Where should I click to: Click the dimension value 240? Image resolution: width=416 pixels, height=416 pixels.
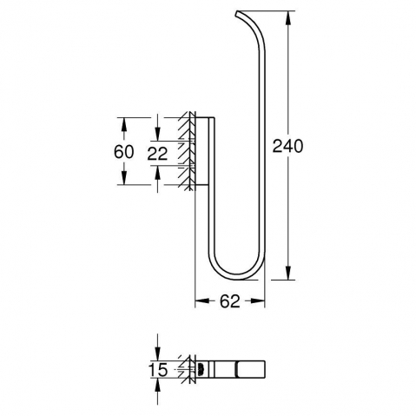287,146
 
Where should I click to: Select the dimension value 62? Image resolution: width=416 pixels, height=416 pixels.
230,301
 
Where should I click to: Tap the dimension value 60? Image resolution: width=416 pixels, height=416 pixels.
124,152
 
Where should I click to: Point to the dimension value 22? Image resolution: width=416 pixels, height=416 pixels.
157,154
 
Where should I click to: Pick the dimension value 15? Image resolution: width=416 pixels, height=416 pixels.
158,370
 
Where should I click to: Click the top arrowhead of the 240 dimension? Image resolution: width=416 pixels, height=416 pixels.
288,18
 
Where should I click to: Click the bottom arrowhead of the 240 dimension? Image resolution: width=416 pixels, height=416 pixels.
288,273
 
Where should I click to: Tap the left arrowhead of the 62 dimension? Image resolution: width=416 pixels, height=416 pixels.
202,301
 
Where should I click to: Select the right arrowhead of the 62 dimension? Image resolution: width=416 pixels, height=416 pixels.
258,301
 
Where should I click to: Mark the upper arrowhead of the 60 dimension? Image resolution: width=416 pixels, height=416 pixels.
123,125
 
